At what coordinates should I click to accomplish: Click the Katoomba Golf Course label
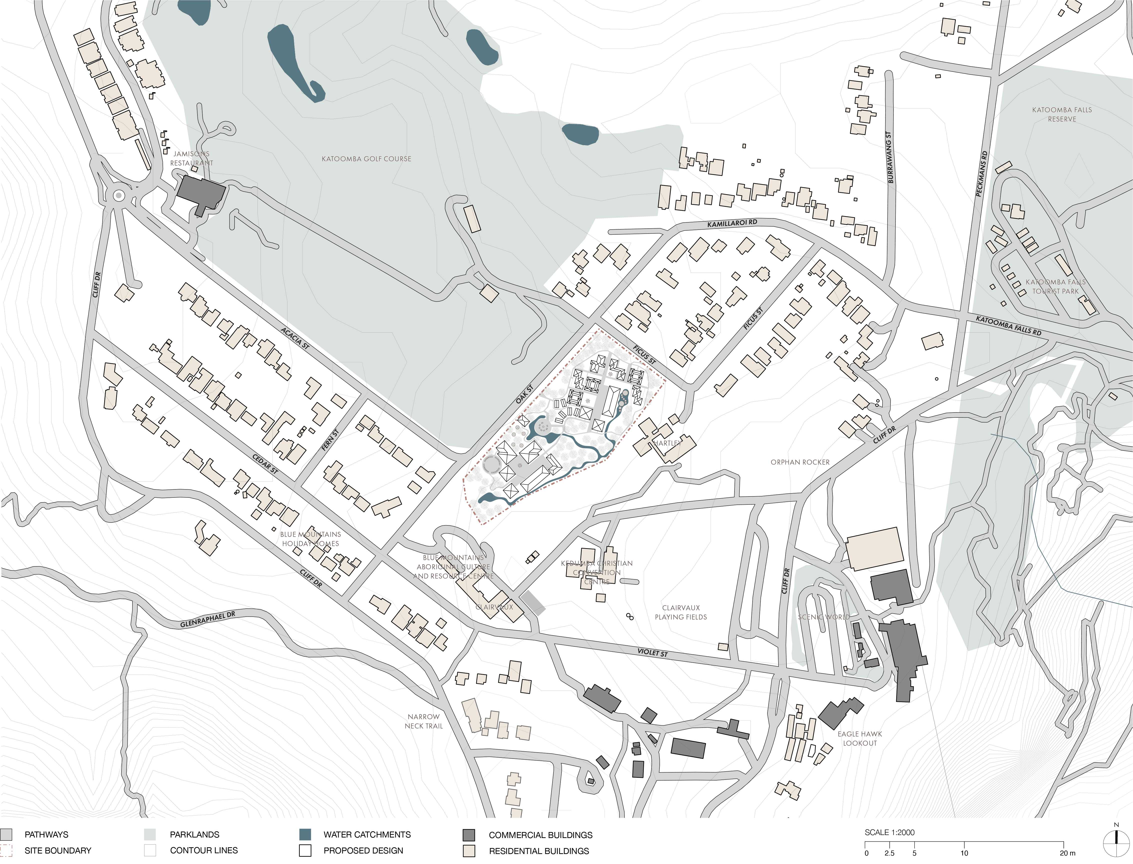click(366, 159)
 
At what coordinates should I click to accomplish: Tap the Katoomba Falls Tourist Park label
click(1055, 286)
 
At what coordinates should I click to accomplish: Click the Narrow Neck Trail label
click(423, 721)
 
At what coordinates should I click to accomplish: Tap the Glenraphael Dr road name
click(207, 620)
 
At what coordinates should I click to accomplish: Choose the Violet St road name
click(652, 653)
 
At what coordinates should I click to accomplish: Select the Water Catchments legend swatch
click(305, 834)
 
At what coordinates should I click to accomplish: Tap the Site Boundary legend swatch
click(6, 851)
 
